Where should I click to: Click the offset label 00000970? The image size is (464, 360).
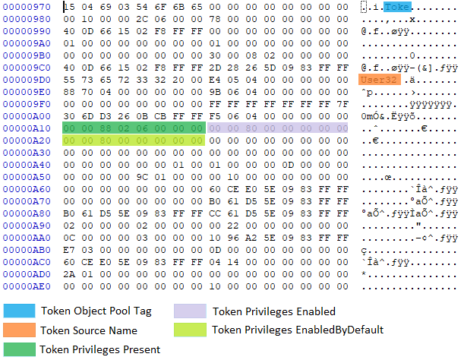(x=27, y=7)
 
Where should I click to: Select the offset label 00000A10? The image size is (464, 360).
(x=27, y=128)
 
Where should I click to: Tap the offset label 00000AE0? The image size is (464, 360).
(x=27, y=286)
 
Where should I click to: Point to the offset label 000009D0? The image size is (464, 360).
(x=27, y=80)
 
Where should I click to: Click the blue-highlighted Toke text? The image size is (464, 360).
(x=397, y=7)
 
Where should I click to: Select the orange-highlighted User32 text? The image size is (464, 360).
(x=380, y=80)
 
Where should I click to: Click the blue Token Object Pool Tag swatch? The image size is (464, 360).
(x=19, y=311)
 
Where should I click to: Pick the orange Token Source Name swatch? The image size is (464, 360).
(x=19, y=330)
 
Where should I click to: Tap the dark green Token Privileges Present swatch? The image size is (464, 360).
(x=19, y=349)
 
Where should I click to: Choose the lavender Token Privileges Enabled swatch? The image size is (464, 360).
(x=190, y=311)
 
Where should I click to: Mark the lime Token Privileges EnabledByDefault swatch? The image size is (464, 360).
(x=190, y=330)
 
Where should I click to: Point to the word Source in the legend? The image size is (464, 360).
(x=88, y=330)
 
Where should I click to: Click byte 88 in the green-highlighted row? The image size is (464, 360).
(x=106, y=128)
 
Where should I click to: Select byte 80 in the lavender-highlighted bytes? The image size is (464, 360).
(x=251, y=128)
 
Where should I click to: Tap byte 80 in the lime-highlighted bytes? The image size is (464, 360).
(x=106, y=141)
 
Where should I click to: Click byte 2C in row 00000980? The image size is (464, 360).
(x=142, y=19)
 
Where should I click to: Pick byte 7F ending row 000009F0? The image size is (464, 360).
(x=342, y=104)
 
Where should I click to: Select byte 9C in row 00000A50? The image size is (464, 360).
(x=142, y=177)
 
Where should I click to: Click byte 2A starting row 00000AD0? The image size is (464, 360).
(x=69, y=274)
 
